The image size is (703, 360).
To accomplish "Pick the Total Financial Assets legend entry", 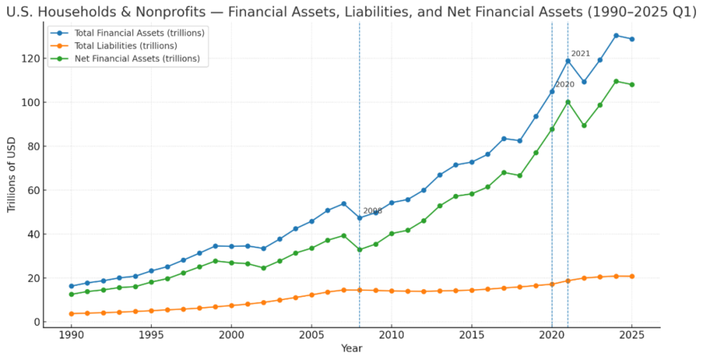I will (134, 33).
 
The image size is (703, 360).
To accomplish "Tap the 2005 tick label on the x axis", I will (311, 336).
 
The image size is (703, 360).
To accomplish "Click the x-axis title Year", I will (351, 349).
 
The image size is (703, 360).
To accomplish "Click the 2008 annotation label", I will (373, 211).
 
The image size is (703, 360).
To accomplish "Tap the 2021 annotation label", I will (581, 53).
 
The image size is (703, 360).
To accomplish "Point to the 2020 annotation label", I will (565, 84).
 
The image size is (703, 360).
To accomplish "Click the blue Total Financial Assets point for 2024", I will (616, 35).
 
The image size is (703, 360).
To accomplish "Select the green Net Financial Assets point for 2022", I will (583, 125).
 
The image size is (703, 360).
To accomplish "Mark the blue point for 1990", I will (71, 286).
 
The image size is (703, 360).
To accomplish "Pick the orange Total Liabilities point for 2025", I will (631, 276).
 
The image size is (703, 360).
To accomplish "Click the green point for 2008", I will (359, 250).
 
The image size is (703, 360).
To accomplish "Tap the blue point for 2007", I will (344, 204).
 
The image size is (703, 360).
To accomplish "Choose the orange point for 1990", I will (71, 314).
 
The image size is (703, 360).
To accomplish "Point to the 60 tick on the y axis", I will (32, 190).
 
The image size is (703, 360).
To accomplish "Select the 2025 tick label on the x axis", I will (631, 336).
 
